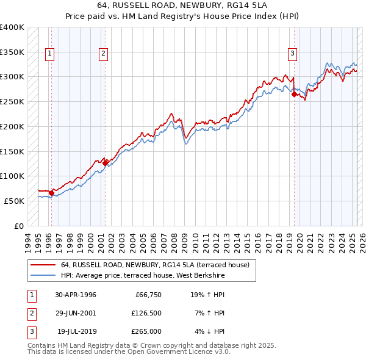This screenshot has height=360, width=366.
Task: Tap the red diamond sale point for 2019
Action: coord(294,94)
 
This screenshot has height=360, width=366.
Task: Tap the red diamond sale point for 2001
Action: coord(105,163)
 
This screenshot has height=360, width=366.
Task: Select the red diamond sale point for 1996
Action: coord(51,193)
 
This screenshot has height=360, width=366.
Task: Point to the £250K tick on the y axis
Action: coord(12,101)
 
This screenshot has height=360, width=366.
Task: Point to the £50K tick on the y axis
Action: coord(15,201)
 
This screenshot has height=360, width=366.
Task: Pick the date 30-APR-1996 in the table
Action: coord(76,295)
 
